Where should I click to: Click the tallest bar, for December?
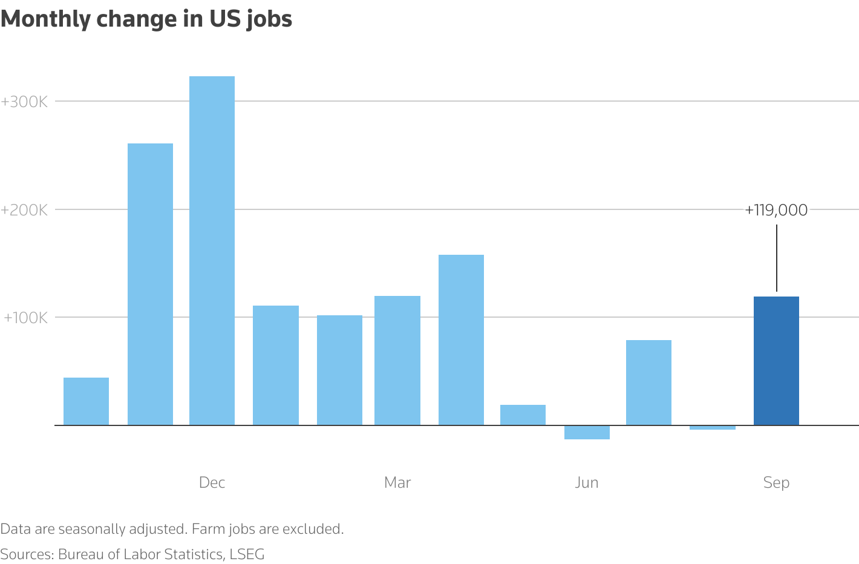212,251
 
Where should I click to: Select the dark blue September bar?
776,361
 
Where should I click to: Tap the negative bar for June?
587,432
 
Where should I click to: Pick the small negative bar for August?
712,428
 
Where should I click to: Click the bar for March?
397,361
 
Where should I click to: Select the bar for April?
461,340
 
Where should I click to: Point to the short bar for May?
523,415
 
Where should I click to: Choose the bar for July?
648,382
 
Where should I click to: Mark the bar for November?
150,284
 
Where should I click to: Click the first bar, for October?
86,401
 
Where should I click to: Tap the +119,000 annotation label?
776,210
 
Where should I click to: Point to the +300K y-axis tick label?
24,102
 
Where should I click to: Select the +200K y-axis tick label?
24,210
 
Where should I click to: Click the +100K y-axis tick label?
25,318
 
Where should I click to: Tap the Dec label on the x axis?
212,482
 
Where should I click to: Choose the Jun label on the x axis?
587,482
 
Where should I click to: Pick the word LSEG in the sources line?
247,554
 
